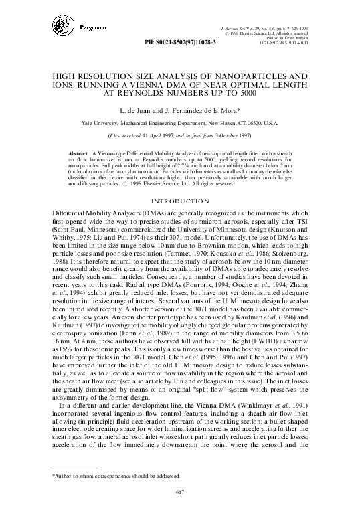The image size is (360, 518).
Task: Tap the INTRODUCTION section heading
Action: [x=180, y=201]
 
